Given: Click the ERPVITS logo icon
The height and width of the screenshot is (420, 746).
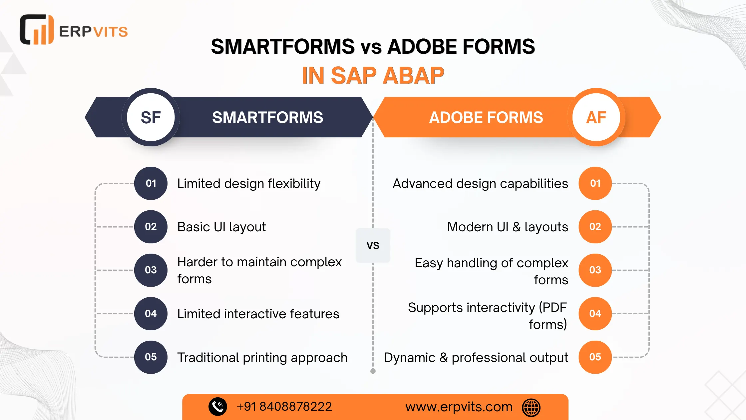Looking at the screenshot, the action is coord(37,29).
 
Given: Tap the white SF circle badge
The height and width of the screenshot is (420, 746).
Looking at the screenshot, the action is coord(151,117).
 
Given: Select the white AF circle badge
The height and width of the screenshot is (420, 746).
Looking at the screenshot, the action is coord(596,117).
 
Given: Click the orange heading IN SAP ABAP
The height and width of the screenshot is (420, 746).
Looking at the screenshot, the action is coord(373,76).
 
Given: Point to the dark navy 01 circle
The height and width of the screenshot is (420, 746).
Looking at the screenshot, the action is coord(151,183).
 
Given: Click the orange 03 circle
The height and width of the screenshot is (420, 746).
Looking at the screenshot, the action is coord(595,270).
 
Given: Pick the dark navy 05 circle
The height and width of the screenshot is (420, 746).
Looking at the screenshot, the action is coord(151,357).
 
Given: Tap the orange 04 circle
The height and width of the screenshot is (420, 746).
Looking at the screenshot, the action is coord(595,314).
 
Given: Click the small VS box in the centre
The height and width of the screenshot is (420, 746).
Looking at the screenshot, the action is coord(373,245).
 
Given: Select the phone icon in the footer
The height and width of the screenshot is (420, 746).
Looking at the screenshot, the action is coord(218,407).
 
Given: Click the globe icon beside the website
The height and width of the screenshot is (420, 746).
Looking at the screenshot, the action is coord(531,407).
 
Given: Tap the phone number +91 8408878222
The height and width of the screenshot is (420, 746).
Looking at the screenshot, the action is coord(284,407).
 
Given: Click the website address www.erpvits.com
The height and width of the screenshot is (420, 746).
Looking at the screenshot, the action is coord(459,407).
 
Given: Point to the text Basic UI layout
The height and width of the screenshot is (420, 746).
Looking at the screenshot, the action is coord(221,227).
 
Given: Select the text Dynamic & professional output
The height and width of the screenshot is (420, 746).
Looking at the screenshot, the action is coord(476,358).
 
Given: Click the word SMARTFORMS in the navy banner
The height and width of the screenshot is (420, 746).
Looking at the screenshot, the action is coord(268,117).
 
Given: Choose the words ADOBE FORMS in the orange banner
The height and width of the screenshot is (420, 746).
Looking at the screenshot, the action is coord(486,117).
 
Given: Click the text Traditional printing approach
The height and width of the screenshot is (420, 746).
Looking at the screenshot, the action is coord(262,358).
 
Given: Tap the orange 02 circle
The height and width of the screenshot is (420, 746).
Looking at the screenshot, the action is coord(595,227).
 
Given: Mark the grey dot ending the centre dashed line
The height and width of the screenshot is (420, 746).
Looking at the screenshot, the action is coord(373,371).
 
